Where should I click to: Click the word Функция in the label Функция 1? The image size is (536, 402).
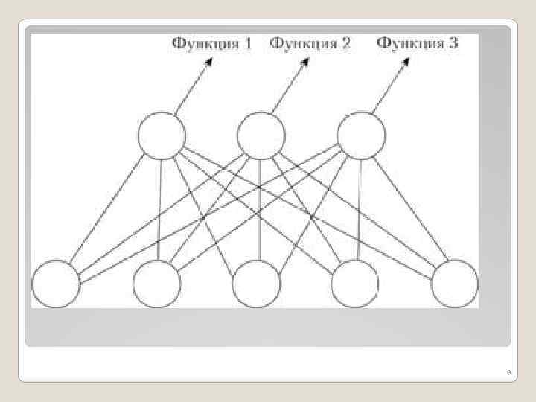(x=202, y=44)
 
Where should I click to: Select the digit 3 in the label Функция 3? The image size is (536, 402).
(x=453, y=43)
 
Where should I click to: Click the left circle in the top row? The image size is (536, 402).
(x=161, y=135)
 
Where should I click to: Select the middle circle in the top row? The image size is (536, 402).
(x=261, y=135)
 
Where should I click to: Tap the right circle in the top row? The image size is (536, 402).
(x=361, y=135)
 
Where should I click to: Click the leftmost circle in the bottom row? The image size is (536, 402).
(x=56, y=284)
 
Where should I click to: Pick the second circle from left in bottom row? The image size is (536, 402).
(x=156, y=284)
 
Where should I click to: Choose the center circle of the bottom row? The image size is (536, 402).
(x=257, y=284)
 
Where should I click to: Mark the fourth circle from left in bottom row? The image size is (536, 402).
(x=356, y=284)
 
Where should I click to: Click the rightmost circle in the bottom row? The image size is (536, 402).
(x=454, y=284)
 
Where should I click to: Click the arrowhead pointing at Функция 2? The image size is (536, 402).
(x=306, y=63)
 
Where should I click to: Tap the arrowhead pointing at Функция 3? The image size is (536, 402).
(x=406, y=63)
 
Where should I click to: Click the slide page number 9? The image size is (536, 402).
(x=508, y=371)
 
